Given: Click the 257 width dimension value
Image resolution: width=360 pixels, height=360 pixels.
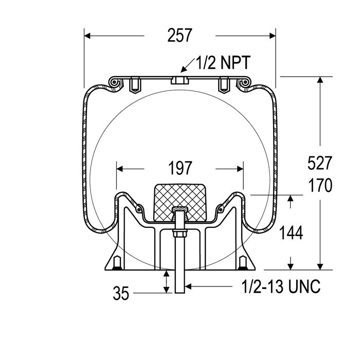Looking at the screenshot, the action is [x=179, y=35].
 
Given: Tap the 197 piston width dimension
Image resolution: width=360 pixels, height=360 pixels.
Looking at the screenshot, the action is [x=180, y=168].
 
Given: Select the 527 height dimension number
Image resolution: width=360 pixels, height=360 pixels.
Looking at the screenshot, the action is [x=319, y=163].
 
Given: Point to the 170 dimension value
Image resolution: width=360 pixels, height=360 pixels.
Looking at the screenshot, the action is [x=320, y=185].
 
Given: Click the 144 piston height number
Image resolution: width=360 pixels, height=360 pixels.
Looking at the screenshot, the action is [x=291, y=232].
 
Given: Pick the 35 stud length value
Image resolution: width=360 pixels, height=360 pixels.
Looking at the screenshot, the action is [x=121, y=293].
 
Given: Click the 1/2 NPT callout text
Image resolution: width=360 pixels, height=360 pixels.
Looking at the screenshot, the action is [x=223, y=63].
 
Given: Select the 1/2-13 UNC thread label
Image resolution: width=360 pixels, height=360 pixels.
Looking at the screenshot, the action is [x=281, y=286].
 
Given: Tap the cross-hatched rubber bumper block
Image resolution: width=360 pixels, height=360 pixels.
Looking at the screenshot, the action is [x=179, y=202].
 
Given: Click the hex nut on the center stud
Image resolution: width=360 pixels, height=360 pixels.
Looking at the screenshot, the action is [x=179, y=233].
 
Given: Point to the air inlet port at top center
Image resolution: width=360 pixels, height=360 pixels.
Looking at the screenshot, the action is [x=179, y=80].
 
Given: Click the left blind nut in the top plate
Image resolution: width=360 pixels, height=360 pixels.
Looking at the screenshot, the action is [x=135, y=84].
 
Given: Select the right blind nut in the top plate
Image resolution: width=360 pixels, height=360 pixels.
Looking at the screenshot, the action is [x=224, y=84].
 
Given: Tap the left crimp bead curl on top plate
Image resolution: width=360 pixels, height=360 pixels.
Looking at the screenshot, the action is [x=114, y=83].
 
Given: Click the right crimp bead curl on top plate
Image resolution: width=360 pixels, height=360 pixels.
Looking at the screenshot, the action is [x=245, y=83].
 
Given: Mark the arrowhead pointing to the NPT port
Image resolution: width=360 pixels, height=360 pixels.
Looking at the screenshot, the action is [x=184, y=69].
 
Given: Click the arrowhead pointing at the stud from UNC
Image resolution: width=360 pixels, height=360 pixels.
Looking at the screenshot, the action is [x=188, y=286].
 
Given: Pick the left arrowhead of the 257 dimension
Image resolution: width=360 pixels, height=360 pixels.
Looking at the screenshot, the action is [x=87, y=36].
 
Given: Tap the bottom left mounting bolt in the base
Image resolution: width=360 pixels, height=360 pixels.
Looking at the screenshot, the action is [x=117, y=263].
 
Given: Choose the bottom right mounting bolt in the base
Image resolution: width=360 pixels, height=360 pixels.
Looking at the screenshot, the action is [x=243, y=263].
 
